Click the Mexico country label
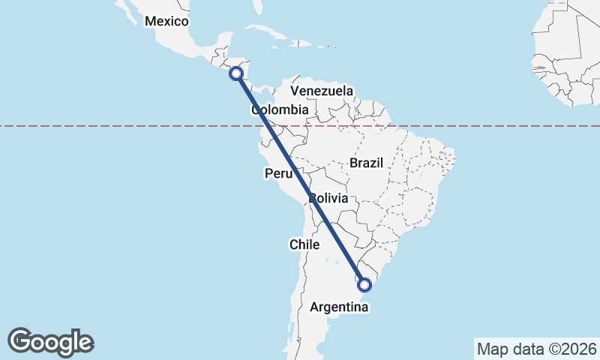click(166, 21)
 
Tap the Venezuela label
click(322, 91)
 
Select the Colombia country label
click(280, 110)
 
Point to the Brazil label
click(366, 163)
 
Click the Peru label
click(277, 174)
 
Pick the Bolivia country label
click(328, 199)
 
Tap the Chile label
click(304, 244)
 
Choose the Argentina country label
click(337, 307)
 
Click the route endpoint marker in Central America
click(236, 73)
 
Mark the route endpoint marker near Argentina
click(364, 284)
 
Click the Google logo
click(50, 341)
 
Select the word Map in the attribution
click(492, 349)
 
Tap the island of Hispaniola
click(299, 43)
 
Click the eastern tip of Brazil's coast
click(454, 160)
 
